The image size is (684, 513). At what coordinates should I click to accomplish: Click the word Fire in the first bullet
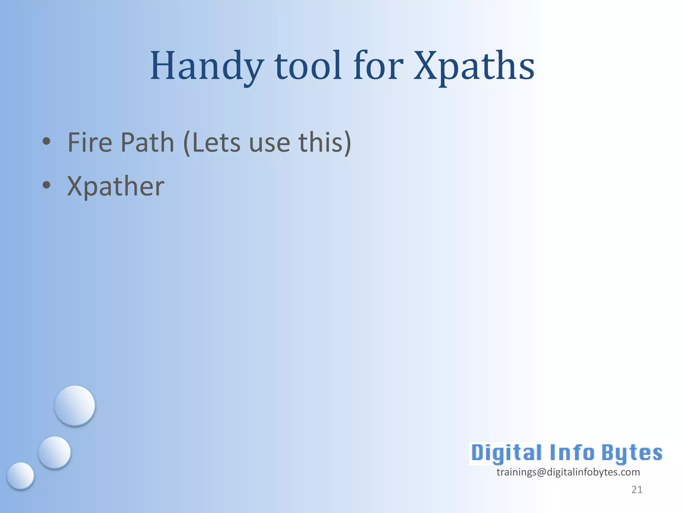pos(90,143)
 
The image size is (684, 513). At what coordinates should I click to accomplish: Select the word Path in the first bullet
pos(147,143)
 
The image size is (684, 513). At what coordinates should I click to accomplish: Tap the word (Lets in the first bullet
pos(212,143)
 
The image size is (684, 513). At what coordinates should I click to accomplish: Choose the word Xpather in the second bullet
pos(116,186)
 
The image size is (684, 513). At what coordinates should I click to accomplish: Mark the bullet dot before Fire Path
pos(46,141)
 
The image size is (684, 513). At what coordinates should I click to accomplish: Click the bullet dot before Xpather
pos(46,185)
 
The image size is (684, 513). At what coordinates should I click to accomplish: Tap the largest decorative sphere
pos(75,405)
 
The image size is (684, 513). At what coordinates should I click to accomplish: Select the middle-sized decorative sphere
pos(54,452)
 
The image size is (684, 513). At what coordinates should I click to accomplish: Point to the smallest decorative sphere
pos(20,476)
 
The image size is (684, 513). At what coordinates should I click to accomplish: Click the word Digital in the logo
pos(506,453)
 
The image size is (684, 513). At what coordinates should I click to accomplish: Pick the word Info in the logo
pos(571,453)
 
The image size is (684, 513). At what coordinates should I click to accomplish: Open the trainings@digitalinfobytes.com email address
pos(568,472)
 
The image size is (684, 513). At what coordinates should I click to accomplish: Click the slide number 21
pos(637,490)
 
